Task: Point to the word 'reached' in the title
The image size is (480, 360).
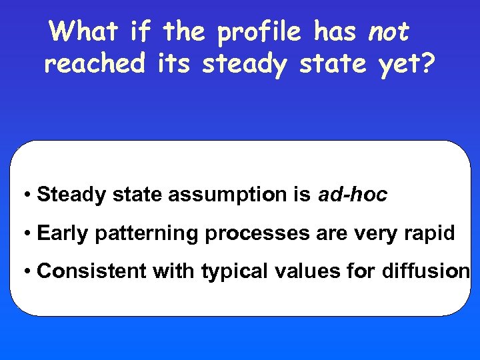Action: coord(95,64)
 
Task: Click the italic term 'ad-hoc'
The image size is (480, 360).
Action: coord(353,195)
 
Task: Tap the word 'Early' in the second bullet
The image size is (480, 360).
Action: coord(64,233)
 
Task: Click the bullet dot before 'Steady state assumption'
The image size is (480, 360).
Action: coord(27,195)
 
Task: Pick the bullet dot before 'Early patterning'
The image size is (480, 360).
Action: coord(27,234)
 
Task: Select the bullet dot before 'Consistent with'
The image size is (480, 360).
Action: coord(27,272)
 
